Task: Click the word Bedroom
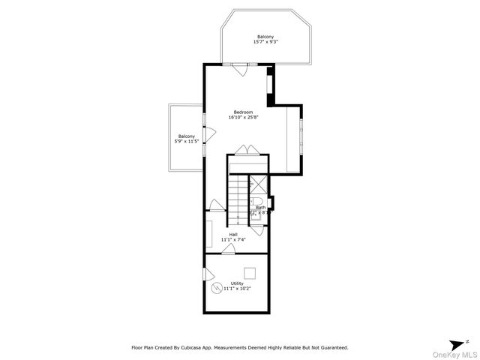(243, 112)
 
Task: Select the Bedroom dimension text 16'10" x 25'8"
(243, 118)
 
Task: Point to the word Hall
(234, 234)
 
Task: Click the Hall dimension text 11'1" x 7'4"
(234, 239)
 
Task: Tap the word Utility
(236, 283)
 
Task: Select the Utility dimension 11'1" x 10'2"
(237, 288)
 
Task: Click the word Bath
(260, 208)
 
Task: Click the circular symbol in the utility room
(217, 288)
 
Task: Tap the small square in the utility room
(250, 272)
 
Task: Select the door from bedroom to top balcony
(239, 70)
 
